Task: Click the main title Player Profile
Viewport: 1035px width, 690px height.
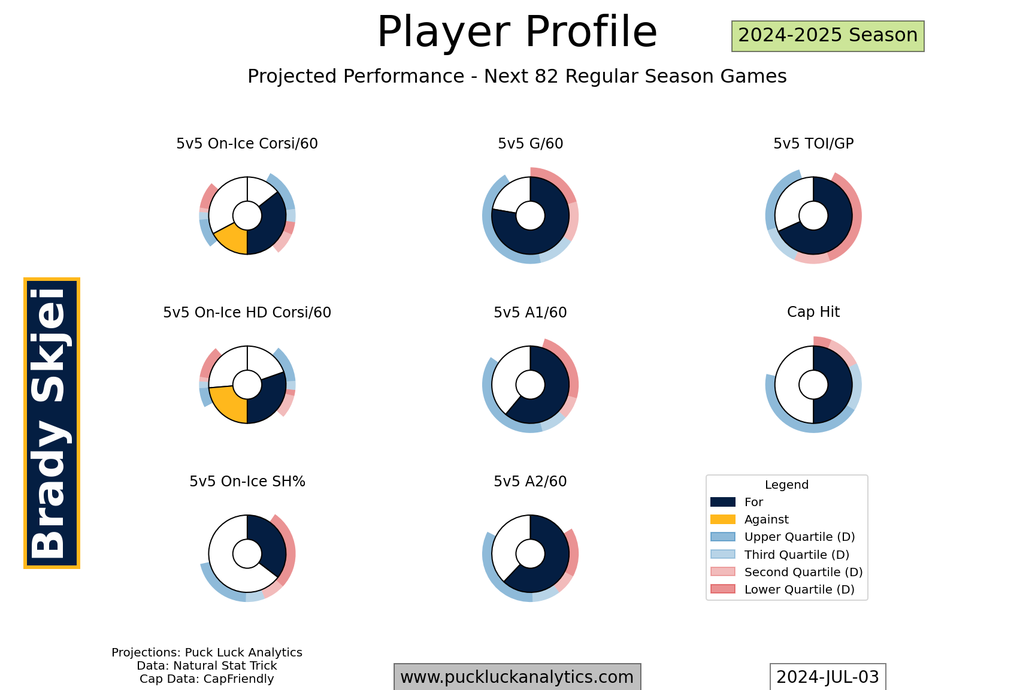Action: (x=517, y=32)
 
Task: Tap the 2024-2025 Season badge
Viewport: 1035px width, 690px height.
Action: (x=828, y=36)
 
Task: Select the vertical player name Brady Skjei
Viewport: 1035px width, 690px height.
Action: (x=52, y=423)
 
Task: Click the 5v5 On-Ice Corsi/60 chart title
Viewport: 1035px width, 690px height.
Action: (x=247, y=144)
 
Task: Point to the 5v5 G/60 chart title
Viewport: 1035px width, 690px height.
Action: (x=530, y=144)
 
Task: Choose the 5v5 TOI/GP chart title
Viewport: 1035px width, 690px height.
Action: (x=813, y=144)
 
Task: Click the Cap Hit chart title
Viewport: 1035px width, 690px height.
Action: (x=813, y=312)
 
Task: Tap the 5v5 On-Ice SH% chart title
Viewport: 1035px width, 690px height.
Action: (x=247, y=482)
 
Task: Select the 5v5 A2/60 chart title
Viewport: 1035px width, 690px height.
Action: (x=530, y=482)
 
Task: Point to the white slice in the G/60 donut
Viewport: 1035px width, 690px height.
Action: (x=510, y=195)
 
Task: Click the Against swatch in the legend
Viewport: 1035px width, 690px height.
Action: (x=722, y=519)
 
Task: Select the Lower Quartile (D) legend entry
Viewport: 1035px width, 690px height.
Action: (x=782, y=589)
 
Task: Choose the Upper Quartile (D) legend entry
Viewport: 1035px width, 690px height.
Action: (x=782, y=537)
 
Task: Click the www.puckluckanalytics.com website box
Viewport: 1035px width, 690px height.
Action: (x=517, y=677)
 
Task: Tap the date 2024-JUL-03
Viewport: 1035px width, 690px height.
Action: (x=827, y=677)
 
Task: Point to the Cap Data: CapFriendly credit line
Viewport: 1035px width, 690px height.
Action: (x=207, y=679)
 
